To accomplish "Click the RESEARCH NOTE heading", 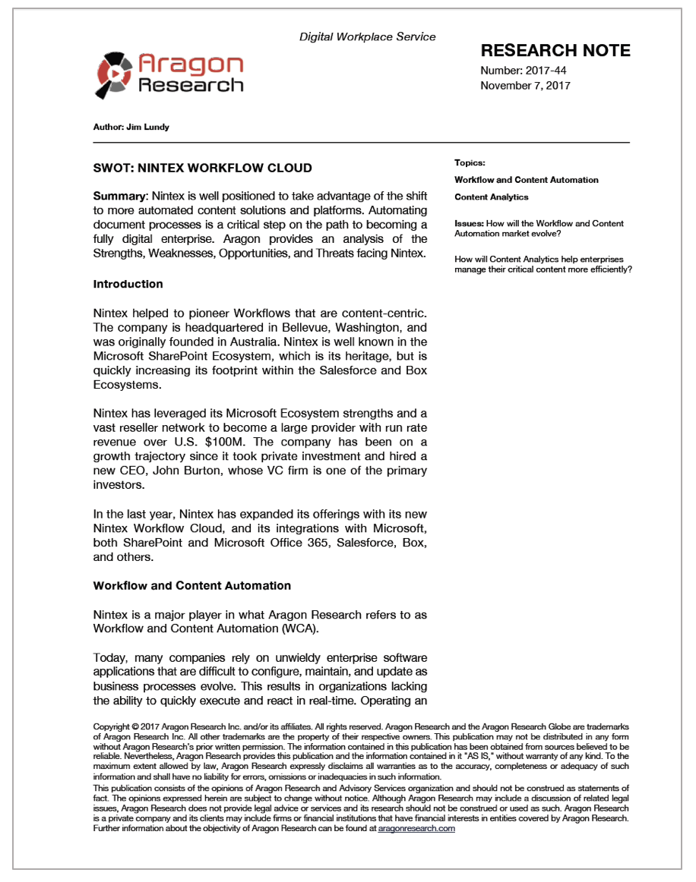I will click(x=555, y=51).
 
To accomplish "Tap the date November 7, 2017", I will click(x=525, y=85).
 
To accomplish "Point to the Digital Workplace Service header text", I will click(x=367, y=36).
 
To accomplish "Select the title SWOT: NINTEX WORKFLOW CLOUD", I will click(x=202, y=168).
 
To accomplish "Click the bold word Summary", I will click(x=119, y=197).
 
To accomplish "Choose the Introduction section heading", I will click(x=128, y=284).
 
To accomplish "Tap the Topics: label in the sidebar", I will click(x=470, y=162).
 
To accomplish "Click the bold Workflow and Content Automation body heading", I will click(x=191, y=586).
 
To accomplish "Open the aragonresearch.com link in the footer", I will click(x=416, y=829).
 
